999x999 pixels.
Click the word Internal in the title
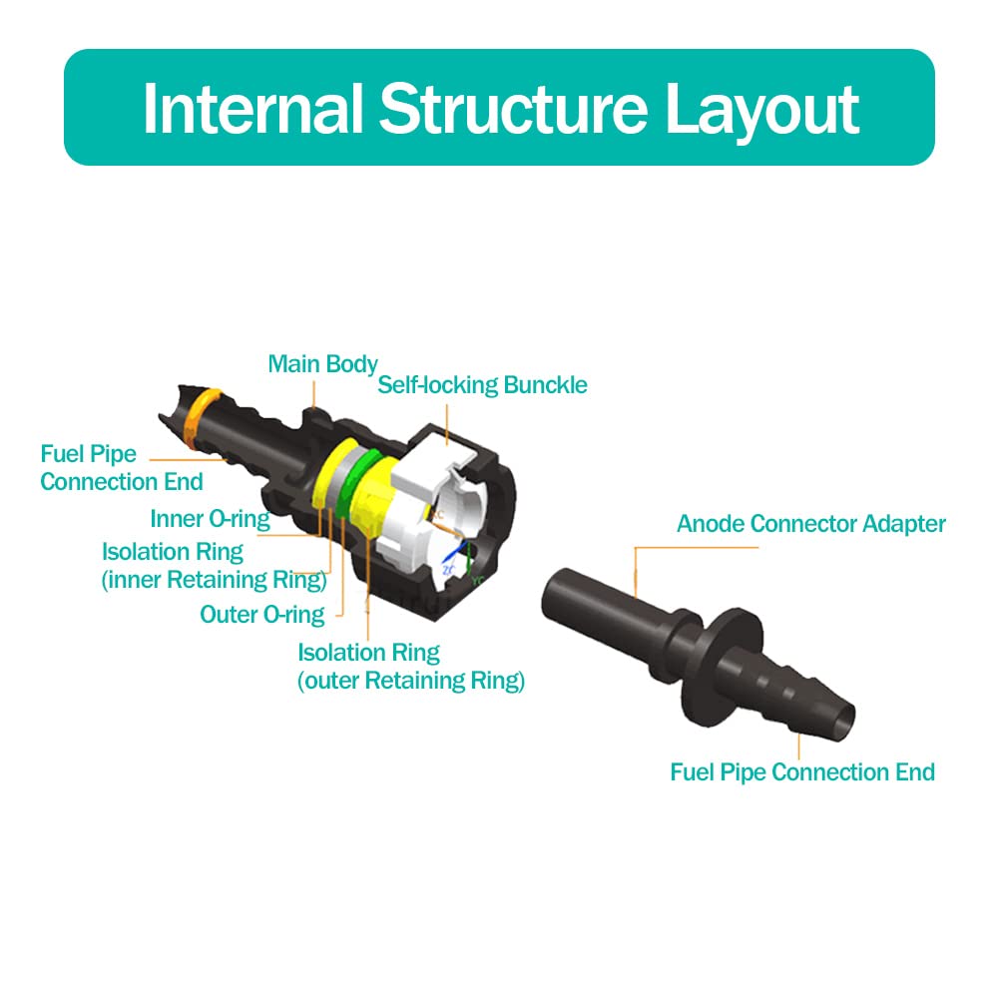(x=254, y=109)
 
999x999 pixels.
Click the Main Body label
(x=322, y=364)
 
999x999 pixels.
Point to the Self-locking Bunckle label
(x=482, y=385)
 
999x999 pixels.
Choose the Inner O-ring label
(x=210, y=519)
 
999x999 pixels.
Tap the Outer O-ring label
(x=262, y=615)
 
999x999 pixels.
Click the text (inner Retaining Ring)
(x=215, y=580)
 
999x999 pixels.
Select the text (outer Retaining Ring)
(x=411, y=682)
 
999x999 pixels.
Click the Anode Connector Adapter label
(x=810, y=524)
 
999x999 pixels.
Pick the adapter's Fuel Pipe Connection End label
(x=802, y=772)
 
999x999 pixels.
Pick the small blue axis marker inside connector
(x=454, y=555)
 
